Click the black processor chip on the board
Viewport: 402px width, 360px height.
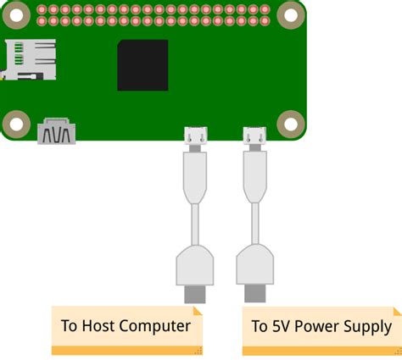pos(142,65)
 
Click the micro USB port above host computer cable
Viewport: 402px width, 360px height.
pos(195,134)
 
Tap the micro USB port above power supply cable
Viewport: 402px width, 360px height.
pos(253,134)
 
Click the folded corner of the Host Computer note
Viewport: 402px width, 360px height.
pos(198,349)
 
